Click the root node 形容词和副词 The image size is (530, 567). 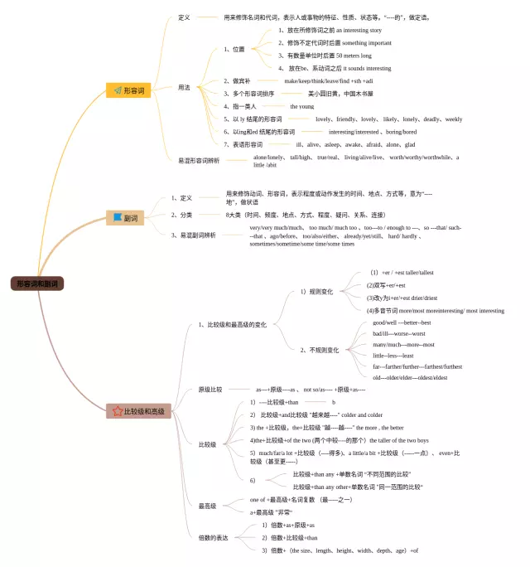(x=36, y=283)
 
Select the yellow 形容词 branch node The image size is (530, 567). (x=128, y=90)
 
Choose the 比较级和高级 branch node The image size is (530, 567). (x=138, y=411)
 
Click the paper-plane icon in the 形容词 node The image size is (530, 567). (x=117, y=90)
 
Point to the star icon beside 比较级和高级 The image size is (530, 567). (x=117, y=411)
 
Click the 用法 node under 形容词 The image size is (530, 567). (x=185, y=87)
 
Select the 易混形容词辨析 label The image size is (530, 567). (x=199, y=160)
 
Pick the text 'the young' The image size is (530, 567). (x=302, y=106)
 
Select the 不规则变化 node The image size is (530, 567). (x=319, y=350)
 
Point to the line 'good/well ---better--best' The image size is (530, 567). (x=402, y=322)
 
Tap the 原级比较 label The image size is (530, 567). (x=210, y=389)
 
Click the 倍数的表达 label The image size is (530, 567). (x=214, y=537)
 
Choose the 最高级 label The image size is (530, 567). (x=207, y=506)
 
